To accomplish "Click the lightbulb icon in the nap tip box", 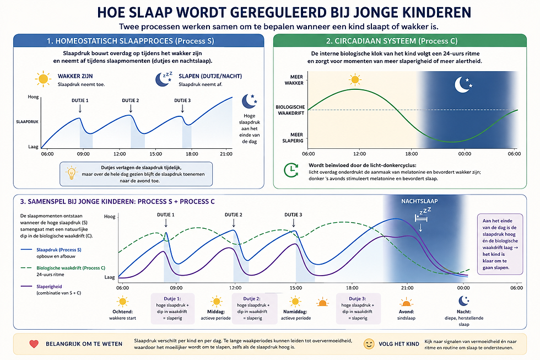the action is (x=71, y=173).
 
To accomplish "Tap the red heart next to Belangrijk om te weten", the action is (x=34, y=343).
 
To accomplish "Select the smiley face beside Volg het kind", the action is (x=369, y=344).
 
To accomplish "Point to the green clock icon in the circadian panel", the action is (x=291, y=170).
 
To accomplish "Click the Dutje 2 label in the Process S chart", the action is (x=131, y=100).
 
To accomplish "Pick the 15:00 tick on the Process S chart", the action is (x=155, y=154).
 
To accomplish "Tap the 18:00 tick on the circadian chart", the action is (x=412, y=154).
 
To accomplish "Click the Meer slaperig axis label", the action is (x=293, y=137).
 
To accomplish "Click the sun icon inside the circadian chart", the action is (x=355, y=79).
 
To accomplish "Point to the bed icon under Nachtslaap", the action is (x=421, y=218).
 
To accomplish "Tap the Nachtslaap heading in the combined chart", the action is (x=419, y=201).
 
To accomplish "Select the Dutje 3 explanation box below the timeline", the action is (x=358, y=308).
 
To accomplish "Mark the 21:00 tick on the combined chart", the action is (x=407, y=288).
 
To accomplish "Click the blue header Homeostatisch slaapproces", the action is (x=138, y=41).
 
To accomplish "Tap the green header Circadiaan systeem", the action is (x=400, y=41).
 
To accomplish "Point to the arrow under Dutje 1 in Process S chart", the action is (x=80, y=109).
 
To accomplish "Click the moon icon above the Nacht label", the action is (x=463, y=301).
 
